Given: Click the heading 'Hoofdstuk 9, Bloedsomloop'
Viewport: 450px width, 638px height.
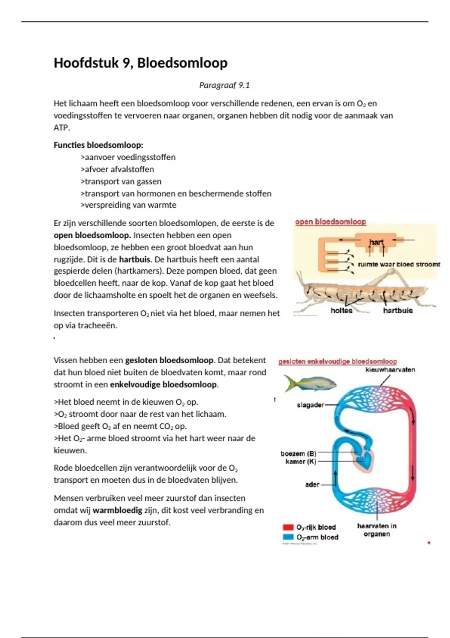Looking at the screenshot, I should click(x=140, y=63).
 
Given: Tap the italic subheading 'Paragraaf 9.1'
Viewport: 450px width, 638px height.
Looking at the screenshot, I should click(x=224, y=86).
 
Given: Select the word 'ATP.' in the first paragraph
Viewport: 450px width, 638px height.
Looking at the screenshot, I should click(x=62, y=128).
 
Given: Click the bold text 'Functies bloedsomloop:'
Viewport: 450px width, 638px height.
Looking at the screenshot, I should click(x=98, y=145).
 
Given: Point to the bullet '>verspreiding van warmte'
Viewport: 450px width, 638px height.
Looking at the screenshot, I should click(x=128, y=205).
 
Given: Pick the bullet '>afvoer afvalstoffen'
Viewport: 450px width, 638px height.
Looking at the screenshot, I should click(x=117, y=169).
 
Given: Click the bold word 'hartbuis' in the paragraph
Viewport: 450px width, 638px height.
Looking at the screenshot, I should click(x=135, y=259).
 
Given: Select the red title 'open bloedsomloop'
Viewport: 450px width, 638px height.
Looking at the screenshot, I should click(x=330, y=222).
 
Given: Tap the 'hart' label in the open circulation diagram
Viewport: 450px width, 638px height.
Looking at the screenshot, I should click(x=376, y=242).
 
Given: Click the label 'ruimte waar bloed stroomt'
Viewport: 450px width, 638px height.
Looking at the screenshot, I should click(x=399, y=264).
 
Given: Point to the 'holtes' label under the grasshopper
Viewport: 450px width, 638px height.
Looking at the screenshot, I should click(x=341, y=310).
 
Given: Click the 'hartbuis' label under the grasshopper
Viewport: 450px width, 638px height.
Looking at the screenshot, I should click(x=397, y=310).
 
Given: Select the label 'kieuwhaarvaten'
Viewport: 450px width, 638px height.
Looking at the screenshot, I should click(x=390, y=370).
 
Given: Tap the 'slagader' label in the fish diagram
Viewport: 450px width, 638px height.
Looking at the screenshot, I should click(x=310, y=405).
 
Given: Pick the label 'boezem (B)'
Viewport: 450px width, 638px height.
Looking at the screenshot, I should click(x=298, y=453).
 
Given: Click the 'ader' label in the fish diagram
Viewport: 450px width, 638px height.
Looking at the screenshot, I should click(x=312, y=485).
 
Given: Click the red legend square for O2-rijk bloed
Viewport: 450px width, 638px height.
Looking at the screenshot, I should click(x=288, y=527).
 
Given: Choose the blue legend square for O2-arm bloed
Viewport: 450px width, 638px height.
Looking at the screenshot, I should click(x=288, y=537).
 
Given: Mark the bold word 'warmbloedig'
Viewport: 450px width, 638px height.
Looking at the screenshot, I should click(x=117, y=510).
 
